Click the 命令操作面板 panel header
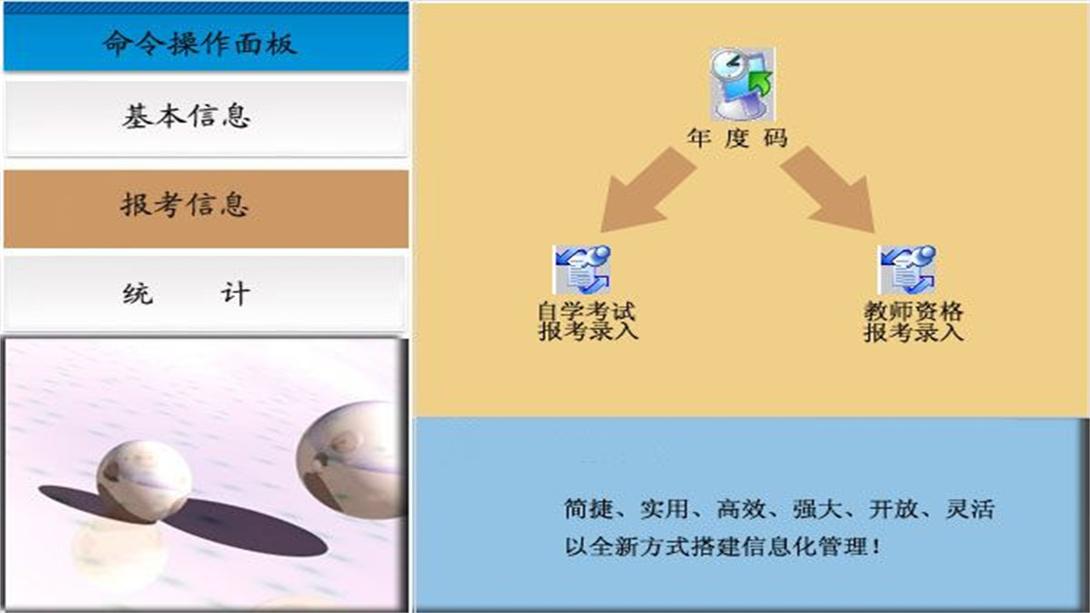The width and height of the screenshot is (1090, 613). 204,43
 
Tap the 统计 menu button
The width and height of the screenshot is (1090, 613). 204,294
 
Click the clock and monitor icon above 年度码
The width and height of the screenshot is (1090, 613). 742,83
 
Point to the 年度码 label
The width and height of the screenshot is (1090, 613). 738,139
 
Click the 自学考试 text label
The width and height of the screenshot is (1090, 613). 587,312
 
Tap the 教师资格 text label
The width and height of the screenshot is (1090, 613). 913,312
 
